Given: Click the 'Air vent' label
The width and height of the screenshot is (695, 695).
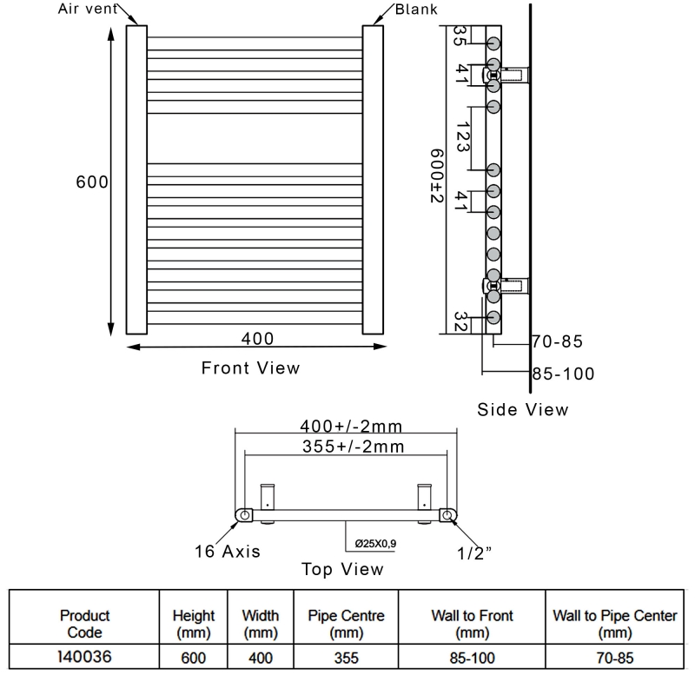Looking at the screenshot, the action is (x=88, y=9).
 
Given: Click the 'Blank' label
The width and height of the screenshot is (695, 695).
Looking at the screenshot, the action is (x=416, y=10).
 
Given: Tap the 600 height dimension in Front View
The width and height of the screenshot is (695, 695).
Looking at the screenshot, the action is (x=92, y=182).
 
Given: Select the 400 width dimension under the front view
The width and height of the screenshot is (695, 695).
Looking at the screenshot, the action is (x=257, y=339).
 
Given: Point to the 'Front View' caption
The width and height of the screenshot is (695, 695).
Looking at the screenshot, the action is (x=250, y=367).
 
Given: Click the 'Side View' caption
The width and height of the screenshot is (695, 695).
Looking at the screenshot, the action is (x=523, y=409).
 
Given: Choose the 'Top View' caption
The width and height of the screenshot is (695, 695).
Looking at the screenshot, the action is (x=342, y=569).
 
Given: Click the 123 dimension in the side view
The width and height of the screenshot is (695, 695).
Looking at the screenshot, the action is (x=463, y=137).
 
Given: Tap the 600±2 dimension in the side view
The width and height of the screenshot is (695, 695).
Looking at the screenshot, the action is (x=437, y=175).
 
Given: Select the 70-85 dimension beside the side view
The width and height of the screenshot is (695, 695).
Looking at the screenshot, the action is (x=557, y=341).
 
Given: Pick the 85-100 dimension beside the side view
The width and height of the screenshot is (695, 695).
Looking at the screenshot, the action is (x=563, y=374).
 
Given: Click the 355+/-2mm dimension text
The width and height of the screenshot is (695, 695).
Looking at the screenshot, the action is (x=354, y=447).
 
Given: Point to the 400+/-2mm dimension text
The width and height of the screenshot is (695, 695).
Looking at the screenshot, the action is (x=351, y=427).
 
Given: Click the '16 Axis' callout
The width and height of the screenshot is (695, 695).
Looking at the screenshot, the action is (x=228, y=552).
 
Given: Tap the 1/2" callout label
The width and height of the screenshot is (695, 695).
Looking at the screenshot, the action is (x=473, y=553).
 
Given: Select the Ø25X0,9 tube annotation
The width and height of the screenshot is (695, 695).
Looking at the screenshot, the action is (x=375, y=544).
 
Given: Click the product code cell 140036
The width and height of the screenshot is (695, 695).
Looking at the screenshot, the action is (x=84, y=657).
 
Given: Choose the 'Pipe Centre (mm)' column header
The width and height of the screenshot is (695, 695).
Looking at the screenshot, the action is (x=346, y=624).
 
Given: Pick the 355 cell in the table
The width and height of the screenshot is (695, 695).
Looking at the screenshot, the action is (x=346, y=658).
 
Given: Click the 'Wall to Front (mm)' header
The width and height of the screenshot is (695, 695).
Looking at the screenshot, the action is (x=472, y=624).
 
